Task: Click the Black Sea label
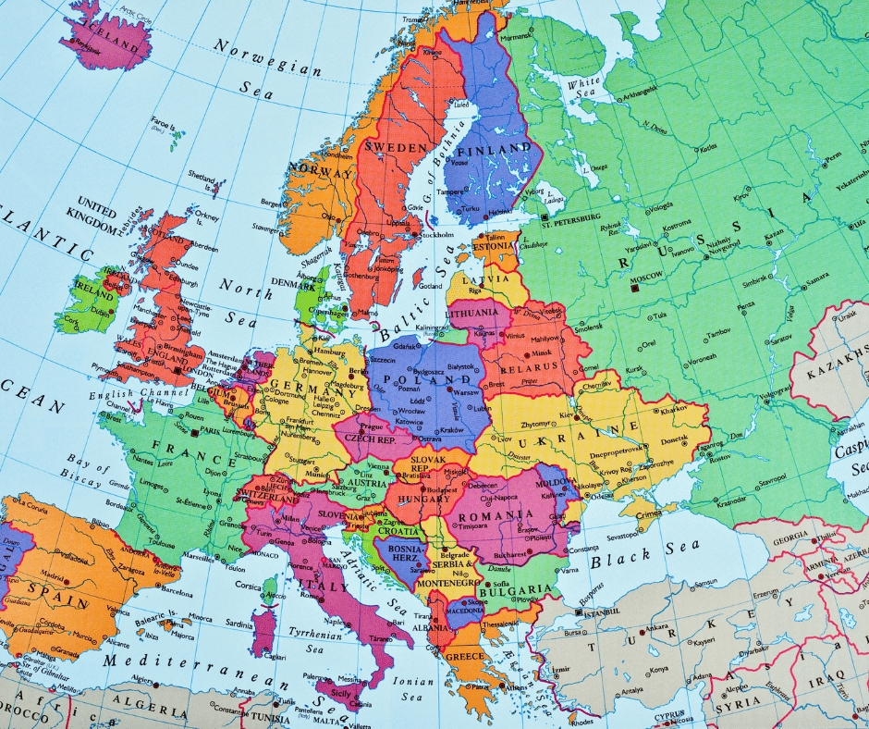coord(634,559)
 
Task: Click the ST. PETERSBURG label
coord(572,223)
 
